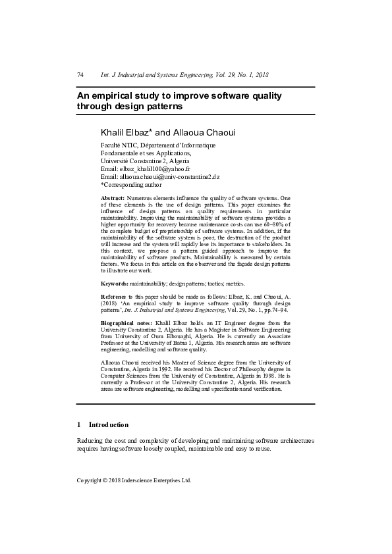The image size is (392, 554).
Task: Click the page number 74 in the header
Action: tap(80, 75)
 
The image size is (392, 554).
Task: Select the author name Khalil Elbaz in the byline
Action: tap(126, 132)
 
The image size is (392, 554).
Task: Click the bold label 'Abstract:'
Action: tap(113, 198)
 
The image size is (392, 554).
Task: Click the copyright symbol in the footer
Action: tap(105, 480)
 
